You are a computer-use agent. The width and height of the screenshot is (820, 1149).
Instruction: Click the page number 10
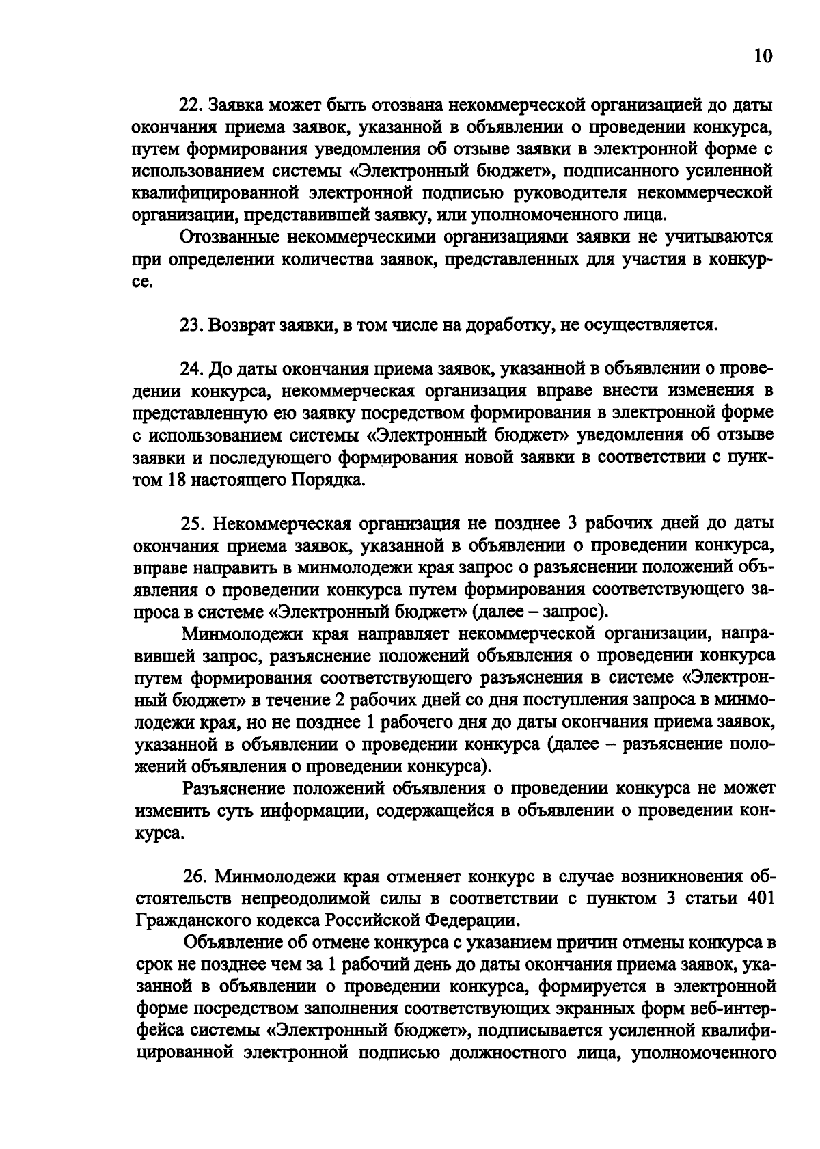pos(763,55)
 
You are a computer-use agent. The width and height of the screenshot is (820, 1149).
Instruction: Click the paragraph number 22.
pos(189,106)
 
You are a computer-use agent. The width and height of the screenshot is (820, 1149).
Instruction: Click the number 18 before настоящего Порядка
pos(172,480)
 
